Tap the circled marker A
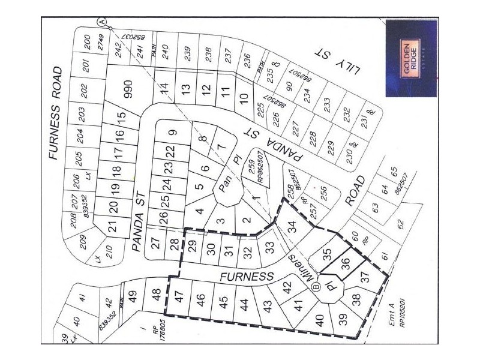[103, 22]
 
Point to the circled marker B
[316, 287]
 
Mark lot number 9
[172, 133]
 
